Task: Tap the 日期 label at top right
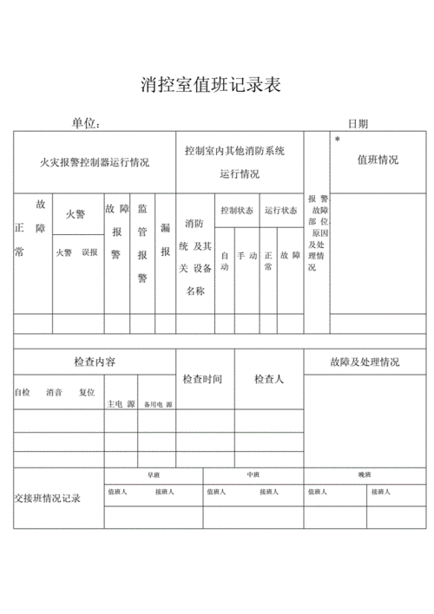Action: coord(358,124)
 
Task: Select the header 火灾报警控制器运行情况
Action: coord(95,162)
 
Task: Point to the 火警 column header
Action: coord(76,213)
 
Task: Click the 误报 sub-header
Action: coord(89,252)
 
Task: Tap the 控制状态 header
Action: coord(236,210)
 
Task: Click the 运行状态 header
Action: coord(280,210)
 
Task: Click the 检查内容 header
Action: coord(95,362)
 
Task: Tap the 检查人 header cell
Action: coord(269,380)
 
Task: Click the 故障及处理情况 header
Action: coord(365,362)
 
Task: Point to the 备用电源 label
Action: coord(157,405)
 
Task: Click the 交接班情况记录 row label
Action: coord(48,499)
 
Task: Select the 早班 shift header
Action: coord(154,475)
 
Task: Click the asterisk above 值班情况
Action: coord(337,139)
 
